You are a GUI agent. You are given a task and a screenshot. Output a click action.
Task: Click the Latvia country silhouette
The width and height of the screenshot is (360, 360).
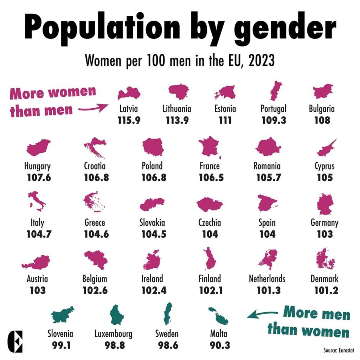pyautogui.click(x=129, y=94)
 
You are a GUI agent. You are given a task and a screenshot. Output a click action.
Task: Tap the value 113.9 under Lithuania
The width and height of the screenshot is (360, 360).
pyautogui.click(x=177, y=120)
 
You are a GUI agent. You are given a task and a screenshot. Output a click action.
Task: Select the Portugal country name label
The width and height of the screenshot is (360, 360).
pyautogui.click(x=274, y=109)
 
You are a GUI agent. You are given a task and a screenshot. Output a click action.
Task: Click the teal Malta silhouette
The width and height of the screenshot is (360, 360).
pyautogui.click(x=219, y=316)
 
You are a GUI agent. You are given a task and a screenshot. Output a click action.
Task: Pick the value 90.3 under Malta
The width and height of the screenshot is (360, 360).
pyautogui.click(x=220, y=345)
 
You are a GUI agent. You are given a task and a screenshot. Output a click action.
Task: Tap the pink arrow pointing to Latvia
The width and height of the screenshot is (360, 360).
pyautogui.click(x=93, y=108)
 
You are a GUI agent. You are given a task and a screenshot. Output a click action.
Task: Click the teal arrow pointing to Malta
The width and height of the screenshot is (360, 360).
pyautogui.click(x=262, y=314)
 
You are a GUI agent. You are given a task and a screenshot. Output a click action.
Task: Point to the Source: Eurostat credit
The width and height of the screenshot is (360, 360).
pyautogui.click(x=339, y=350)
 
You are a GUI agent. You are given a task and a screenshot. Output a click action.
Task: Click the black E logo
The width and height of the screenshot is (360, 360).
pyautogui.click(x=15, y=342)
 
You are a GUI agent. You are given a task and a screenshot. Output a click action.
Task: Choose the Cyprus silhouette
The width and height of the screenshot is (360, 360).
pyautogui.click(x=326, y=148)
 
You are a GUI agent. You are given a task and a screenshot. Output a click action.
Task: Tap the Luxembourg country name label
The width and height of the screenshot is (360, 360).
pyautogui.click(x=114, y=334)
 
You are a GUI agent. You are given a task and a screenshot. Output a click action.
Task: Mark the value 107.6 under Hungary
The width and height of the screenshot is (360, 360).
pyautogui.click(x=39, y=178)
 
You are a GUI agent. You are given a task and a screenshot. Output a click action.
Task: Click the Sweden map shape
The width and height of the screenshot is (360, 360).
pyautogui.click(x=168, y=313)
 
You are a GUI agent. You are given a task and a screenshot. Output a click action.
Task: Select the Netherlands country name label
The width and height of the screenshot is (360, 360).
pyautogui.click(x=267, y=279)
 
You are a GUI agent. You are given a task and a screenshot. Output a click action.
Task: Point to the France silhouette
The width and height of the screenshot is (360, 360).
pyautogui.click(x=210, y=147)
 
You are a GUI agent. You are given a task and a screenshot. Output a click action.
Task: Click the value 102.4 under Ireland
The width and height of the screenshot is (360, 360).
pyautogui.click(x=154, y=290)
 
